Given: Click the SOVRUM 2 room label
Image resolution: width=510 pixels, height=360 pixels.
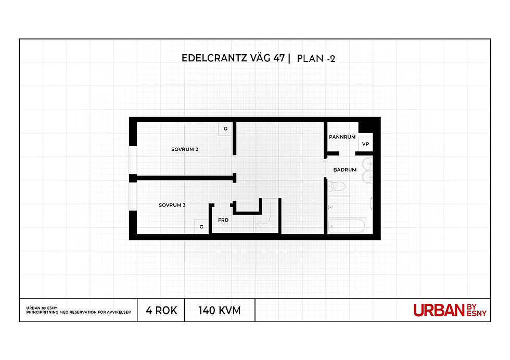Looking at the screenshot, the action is click(185, 149).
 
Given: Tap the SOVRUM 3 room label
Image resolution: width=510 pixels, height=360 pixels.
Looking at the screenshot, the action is click(172, 205).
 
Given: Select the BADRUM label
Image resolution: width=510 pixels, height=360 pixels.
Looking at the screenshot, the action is click(345, 170).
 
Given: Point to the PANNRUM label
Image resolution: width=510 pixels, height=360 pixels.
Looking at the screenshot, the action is click(342, 137).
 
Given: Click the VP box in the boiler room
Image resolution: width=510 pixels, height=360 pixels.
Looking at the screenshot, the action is click(365, 144).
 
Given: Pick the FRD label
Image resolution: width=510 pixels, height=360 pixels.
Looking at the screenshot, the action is click(223, 220).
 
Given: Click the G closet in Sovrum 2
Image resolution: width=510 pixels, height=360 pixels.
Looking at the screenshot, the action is click(225, 129).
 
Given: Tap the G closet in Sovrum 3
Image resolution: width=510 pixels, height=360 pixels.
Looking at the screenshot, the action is click(201, 227).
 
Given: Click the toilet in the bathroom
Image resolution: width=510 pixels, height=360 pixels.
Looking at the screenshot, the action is click(337, 187).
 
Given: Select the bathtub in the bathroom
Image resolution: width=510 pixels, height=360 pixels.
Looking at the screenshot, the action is click(347, 226).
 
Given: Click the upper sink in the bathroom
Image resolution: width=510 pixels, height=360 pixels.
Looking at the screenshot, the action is click(367, 164).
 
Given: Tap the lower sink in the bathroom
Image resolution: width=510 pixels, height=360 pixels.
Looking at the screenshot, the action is click(367, 177).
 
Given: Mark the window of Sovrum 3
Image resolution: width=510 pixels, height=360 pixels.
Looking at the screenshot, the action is click(133, 197).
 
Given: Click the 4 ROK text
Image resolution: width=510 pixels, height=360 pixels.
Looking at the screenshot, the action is click(161, 311).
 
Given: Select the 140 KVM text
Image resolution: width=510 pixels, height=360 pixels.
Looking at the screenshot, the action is click(220, 311).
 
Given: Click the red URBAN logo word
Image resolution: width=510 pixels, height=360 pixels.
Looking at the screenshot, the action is click(439, 310).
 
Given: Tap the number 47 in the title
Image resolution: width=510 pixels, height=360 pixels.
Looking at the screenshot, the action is click(279, 58).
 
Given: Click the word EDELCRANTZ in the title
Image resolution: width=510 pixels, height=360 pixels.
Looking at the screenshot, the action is click(214, 58).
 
